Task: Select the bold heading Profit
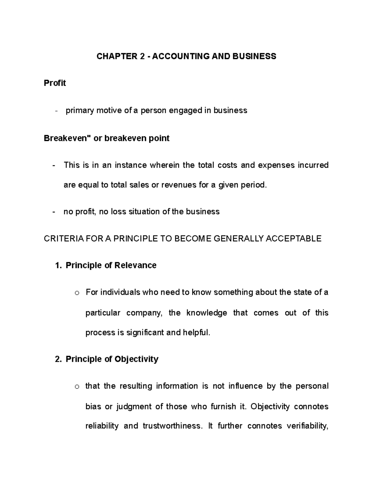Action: point(55,83)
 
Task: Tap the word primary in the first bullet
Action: point(80,110)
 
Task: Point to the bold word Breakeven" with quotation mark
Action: point(67,138)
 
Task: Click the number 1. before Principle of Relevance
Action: point(58,266)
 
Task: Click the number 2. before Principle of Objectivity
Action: point(58,359)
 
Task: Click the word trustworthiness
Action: point(172,426)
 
